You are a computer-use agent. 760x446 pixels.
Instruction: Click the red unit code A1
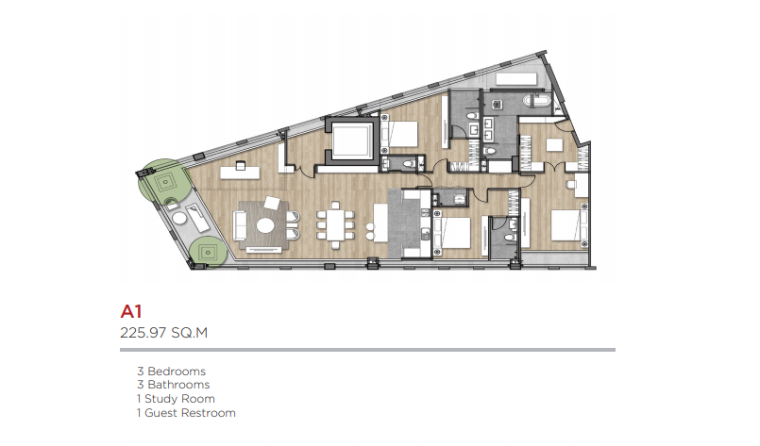click(131, 311)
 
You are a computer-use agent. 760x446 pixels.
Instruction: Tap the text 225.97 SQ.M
click(164, 333)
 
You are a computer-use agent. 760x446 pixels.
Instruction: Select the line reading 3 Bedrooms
click(171, 372)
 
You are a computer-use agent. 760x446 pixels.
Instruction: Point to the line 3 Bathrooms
click(173, 385)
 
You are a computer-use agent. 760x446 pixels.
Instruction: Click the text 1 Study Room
click(176, 399)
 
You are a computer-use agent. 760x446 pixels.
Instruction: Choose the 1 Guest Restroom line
click(186, 413)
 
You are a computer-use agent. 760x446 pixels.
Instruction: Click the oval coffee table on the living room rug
click(265, 225)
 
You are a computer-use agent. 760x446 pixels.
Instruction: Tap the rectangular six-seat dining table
click(335, 224)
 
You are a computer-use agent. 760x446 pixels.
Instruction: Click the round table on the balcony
click(179, 219)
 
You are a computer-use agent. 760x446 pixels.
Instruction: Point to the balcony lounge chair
click(196, 218)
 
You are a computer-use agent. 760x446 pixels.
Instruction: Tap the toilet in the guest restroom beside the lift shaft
click(410, 163)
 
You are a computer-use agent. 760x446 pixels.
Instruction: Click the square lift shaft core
click(352, 140)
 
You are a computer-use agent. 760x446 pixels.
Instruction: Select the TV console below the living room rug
click(263, 250)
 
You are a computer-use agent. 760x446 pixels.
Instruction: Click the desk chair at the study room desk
click(241, 166)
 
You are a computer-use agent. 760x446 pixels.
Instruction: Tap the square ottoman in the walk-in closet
click(554, 145)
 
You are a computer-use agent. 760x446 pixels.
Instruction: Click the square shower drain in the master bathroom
click(497, 104)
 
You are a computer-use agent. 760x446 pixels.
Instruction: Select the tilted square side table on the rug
click(272, 203)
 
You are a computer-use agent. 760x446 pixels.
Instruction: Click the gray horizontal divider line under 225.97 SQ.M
click(367, 350)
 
